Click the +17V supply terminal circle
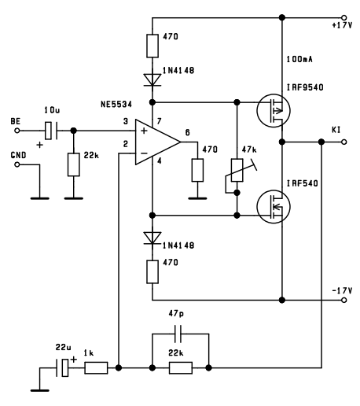coord(344,18)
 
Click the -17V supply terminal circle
coord(344,300)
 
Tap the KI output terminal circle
coord(344,142)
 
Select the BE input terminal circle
coord(17,131)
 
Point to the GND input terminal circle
coord(17,164)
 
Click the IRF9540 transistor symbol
coord(274,111)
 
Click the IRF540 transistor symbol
coord(274,207)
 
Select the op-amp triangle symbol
coord(158,142)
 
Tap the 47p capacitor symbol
coord(178,334)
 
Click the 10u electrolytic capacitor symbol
coord(51,131)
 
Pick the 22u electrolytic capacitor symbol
coord(62,368)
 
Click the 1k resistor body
coord(96,368)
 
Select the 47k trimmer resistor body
coord(237,170)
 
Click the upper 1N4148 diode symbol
coord(152,80)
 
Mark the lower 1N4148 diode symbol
coord(152,238)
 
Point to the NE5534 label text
coord(116,105)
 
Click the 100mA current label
coord(299,59)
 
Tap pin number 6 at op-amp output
coord(188,132)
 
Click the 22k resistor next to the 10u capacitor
coord(74,164)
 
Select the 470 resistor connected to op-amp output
coord(197,170)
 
